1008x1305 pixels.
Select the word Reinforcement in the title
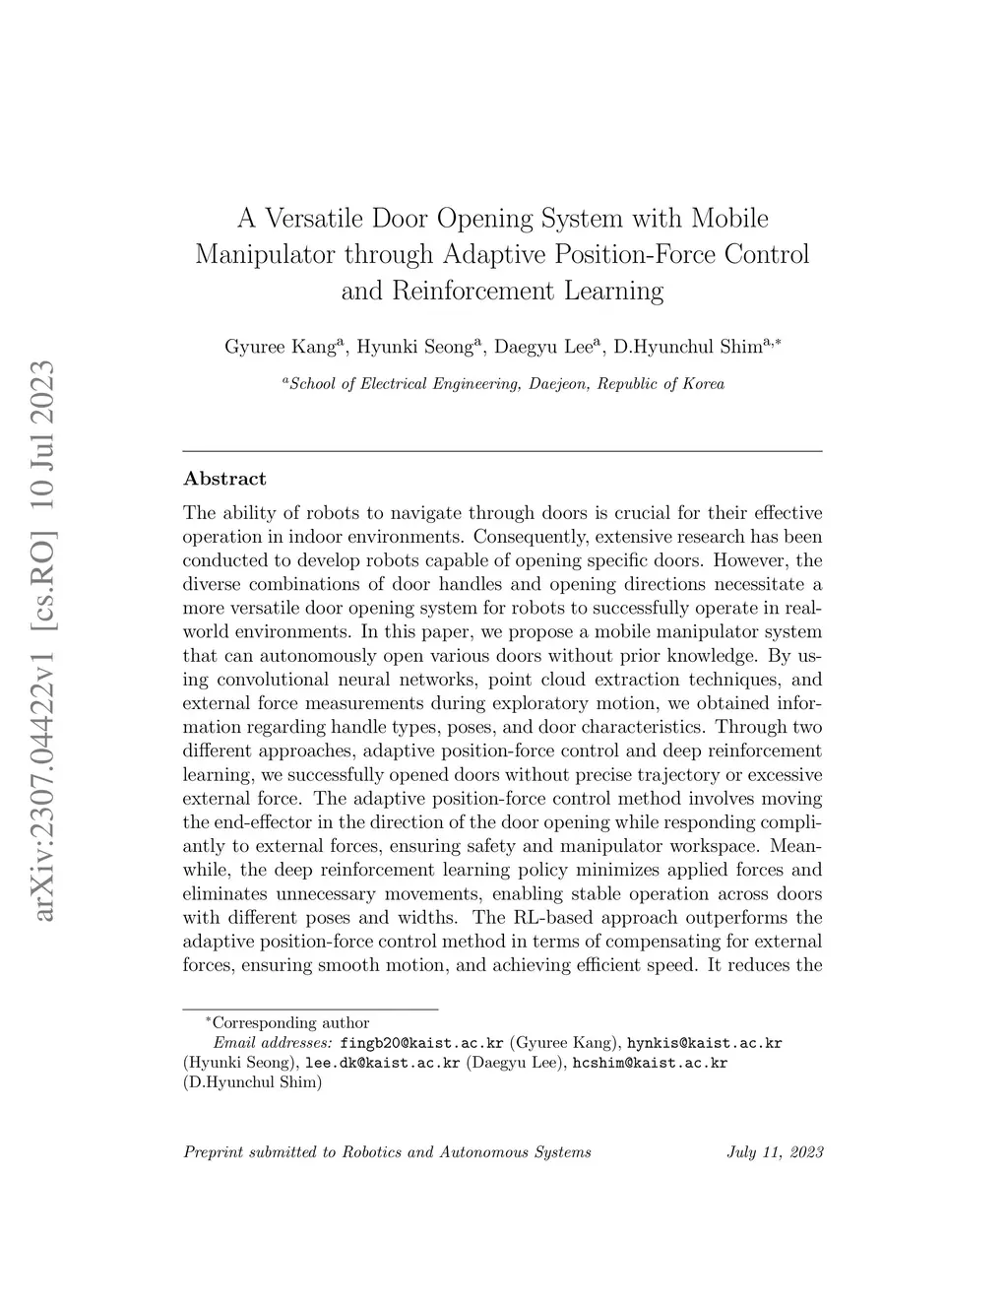point(473,291)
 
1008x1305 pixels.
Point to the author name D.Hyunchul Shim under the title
point(687,347)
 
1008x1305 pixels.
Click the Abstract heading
point(224,479)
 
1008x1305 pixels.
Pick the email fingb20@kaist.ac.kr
point(422,1043)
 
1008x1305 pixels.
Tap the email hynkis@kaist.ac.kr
point(705,1043)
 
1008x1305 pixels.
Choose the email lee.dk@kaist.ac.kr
point(383,1063)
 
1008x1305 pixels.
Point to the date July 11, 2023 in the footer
point(775,1151)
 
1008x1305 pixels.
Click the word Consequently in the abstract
point(531,537)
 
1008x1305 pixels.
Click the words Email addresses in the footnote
point(274,1043)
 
